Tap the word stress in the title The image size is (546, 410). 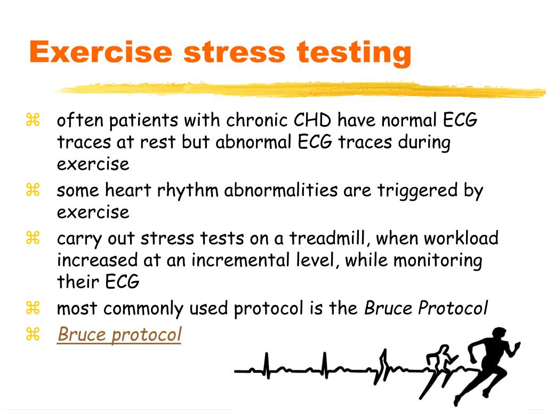tap(235, 52)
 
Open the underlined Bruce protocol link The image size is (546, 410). tap(119, 335)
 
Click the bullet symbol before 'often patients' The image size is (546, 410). tap(33, 121)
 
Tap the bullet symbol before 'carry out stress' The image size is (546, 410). tap(33, 238)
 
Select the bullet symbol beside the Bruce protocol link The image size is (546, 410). tap(33, 335)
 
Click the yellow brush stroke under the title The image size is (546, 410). tap(299, 90)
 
